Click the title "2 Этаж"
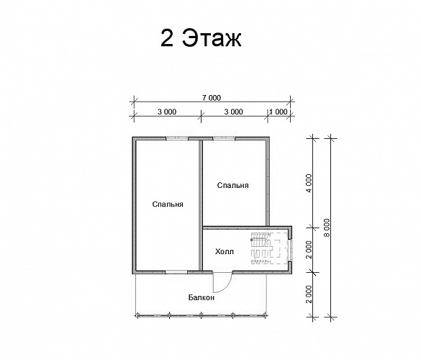click(201, 38)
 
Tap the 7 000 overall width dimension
click(212, 98)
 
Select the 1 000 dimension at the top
click(279, 112)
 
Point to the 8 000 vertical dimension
click(327, 228)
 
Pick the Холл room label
click(225, 252)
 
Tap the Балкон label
click(202, 297)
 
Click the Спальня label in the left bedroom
click(168, 204)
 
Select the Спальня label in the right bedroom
click(232, 185)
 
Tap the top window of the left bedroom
click(176, 139)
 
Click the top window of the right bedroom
click(225, 139)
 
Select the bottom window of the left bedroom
click(176, 272)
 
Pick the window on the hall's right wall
click(290, 250)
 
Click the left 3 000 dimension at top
click(167, 112)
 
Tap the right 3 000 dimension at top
click(234, 112)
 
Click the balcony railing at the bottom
click(201, 315)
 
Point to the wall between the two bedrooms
click(200, 205)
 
